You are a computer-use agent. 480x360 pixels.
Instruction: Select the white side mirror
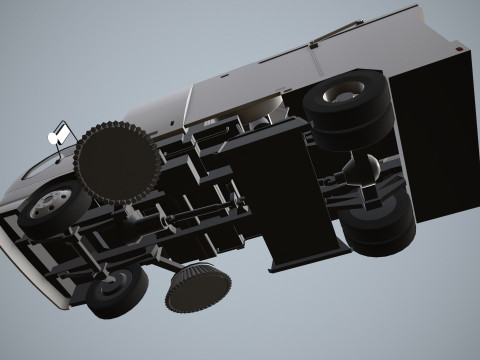[61, 131]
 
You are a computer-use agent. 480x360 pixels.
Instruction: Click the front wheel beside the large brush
[50, 208]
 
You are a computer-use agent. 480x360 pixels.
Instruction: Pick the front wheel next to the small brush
[114, 292]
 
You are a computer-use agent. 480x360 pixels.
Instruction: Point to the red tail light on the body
[457, 47]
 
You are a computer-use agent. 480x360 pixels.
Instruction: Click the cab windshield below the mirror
[40, 166]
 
